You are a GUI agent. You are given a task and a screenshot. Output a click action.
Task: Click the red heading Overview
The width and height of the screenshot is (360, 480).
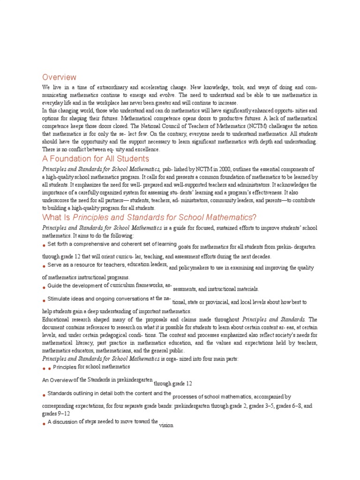tap(59, 77)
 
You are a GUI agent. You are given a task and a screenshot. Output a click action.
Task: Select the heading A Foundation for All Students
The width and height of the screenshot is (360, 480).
tap(96, 159)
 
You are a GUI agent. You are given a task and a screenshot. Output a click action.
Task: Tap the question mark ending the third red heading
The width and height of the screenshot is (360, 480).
tap(255, 217)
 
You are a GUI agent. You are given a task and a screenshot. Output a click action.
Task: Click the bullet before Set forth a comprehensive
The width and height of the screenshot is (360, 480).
tap(44, 246)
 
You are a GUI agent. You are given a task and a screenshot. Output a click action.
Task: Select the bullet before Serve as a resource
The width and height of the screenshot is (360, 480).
tap(44, 266)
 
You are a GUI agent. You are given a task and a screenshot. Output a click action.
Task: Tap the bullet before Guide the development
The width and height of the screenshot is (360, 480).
tap(44, 287)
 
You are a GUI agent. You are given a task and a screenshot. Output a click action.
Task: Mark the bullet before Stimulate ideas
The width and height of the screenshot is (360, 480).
tap(44, 300)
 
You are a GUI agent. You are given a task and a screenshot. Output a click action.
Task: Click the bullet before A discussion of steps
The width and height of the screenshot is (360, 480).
tap(44, 423)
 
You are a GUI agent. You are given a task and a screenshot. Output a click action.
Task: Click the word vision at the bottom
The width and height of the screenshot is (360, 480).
tap(166, 426)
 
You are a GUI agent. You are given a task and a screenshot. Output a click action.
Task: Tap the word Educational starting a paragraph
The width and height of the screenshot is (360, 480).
tap(57, 319)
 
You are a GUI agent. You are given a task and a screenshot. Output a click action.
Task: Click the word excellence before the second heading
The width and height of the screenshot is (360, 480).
tap(146, 150)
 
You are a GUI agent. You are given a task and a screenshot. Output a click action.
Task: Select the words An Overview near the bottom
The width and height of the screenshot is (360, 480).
tap(57, 380)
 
